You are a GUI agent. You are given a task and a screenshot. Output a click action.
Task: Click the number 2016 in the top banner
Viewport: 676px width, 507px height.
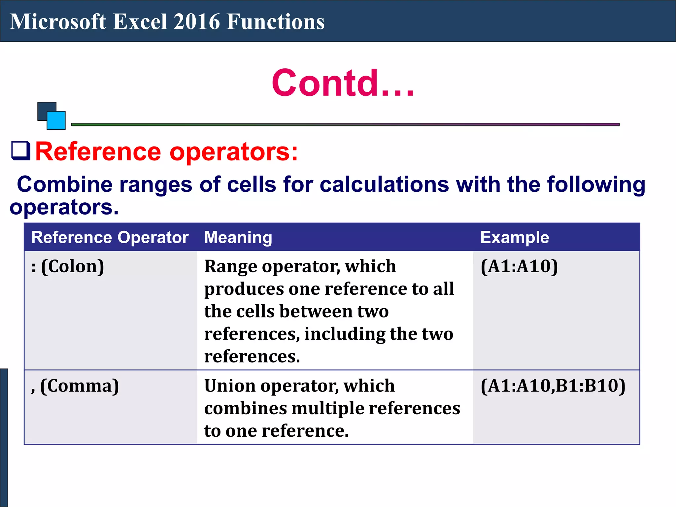click(196, 22)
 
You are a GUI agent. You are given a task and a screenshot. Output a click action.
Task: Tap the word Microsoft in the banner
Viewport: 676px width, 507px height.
click(58, 22)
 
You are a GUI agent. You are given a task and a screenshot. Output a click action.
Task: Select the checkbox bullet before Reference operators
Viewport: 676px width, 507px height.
click(21, 151)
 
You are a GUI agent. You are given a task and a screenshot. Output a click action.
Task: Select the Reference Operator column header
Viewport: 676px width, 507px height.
click(110, 237)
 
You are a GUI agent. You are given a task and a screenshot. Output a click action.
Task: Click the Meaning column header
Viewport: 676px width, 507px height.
click(238, 237)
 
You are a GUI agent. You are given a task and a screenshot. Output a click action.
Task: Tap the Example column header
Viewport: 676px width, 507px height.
click(515, 237)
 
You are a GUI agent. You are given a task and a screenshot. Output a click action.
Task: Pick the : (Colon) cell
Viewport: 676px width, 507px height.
click(68, 266)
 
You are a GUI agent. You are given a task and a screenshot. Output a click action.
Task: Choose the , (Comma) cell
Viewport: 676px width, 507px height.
click(75, 386)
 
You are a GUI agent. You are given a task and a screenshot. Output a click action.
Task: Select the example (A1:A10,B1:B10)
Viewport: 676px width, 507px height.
click(553, 386)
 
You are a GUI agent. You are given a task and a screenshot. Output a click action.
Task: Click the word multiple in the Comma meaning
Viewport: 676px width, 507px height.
click(328, 409)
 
